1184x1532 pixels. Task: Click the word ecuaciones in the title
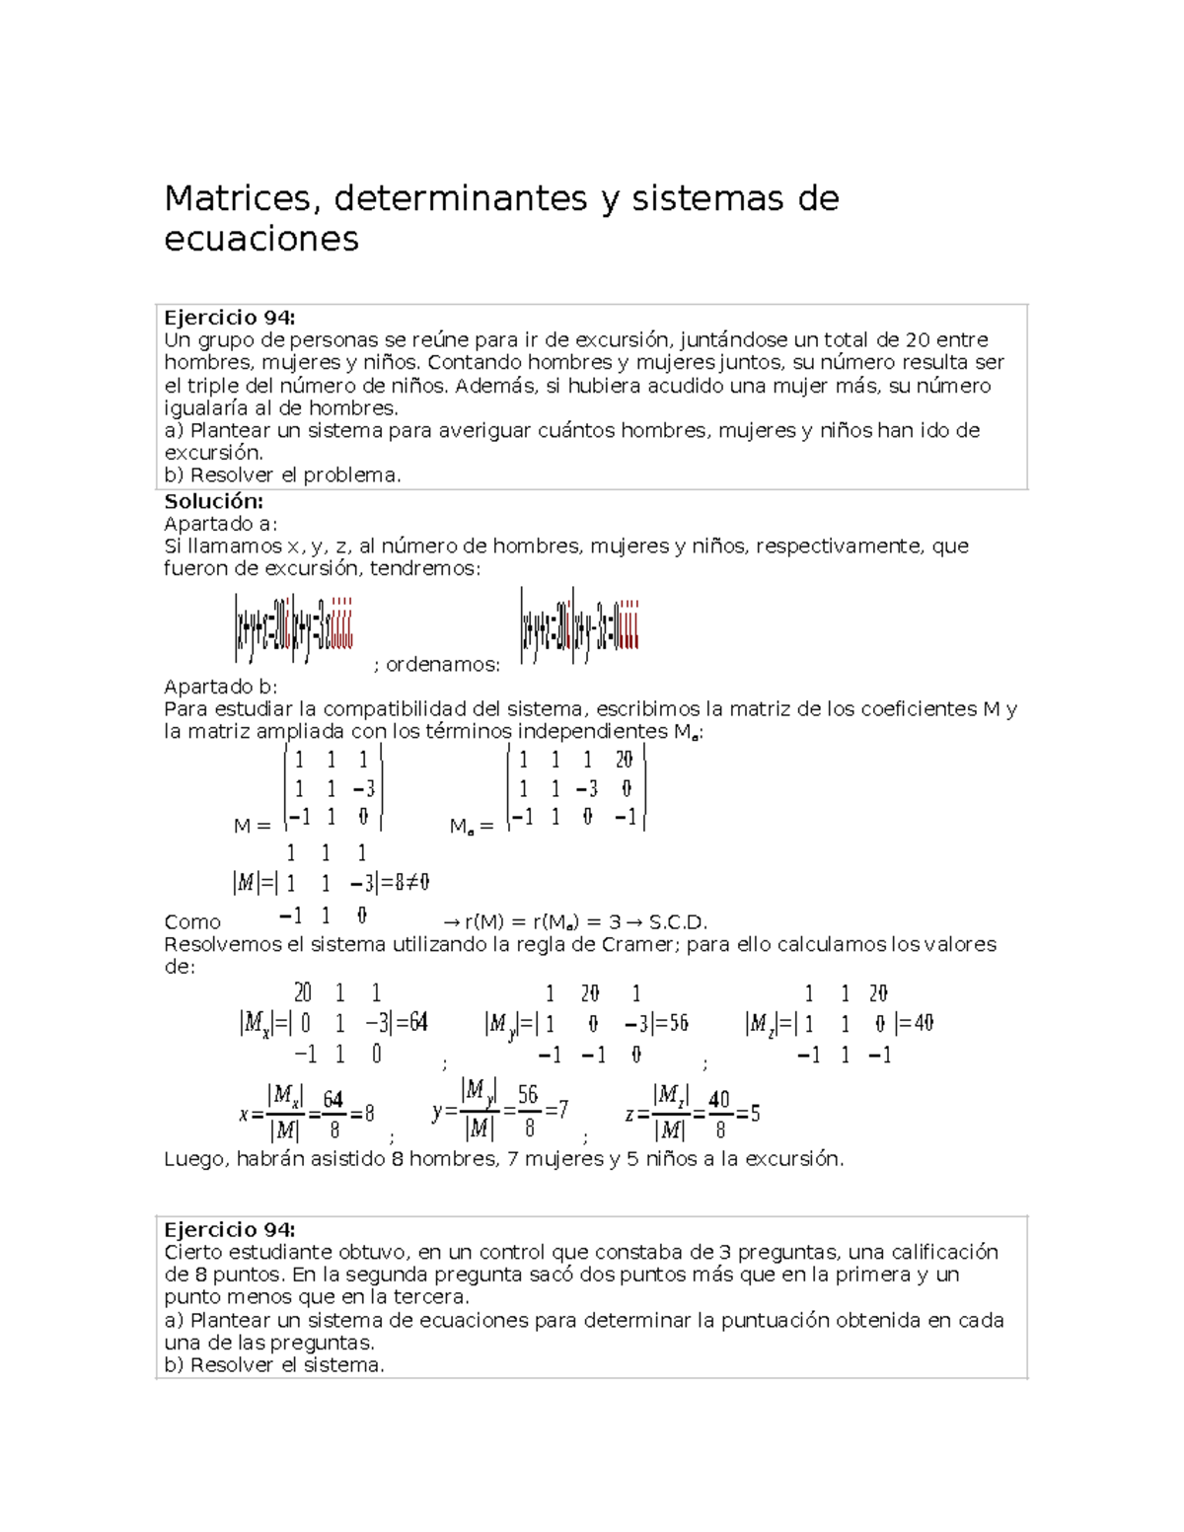click(261, 239)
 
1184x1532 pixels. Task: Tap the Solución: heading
click(213, 501)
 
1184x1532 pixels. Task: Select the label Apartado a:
click(221, 524)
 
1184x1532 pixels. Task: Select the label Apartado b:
click(221, 687)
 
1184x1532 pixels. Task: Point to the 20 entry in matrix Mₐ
click(624, 760)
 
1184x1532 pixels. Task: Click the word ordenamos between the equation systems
click(441, 665)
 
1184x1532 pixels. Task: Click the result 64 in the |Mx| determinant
click(417, 1023)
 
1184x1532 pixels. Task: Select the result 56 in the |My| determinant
click(678, 1024)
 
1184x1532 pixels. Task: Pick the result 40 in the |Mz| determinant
click(923, 1024)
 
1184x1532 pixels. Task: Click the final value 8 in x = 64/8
click(369, 1115)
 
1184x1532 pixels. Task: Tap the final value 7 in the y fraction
click(562, 1110)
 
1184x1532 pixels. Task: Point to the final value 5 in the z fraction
click(755, 1115)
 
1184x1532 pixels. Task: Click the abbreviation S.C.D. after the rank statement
click(678, 923)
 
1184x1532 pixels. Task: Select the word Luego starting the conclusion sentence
click(194, 1159)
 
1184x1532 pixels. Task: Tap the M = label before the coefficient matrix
click(252, 826)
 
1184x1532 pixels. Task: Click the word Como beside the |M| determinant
click(192, 922)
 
